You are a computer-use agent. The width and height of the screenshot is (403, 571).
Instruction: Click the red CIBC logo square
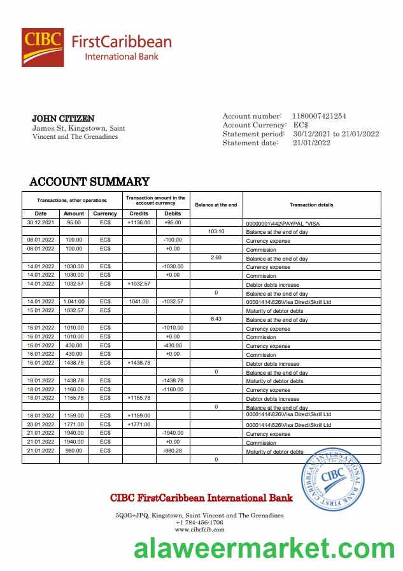(43, 47)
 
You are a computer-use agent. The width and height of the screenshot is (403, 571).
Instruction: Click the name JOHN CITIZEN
(63, 119)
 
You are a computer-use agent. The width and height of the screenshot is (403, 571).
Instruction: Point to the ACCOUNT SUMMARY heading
(89, 182)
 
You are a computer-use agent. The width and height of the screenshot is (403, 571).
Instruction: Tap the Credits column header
(139, 213)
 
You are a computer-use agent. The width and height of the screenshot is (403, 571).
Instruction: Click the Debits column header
(173, 213)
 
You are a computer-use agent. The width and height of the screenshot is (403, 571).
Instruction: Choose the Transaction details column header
(311, 205)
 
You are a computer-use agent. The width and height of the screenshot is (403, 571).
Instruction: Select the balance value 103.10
(216, 231)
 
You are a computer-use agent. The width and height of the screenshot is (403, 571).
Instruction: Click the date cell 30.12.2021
(41, 222)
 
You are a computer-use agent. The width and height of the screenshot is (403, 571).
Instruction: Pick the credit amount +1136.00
(139, 222)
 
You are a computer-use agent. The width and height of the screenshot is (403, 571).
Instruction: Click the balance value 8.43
(216, 319)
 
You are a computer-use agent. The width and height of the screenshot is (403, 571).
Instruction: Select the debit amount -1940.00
(173, 432)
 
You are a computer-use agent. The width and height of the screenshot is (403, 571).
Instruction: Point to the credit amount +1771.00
(139, 424)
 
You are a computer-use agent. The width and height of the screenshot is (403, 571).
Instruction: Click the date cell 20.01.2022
(41, 424)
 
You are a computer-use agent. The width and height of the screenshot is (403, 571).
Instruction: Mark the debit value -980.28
(173, 450)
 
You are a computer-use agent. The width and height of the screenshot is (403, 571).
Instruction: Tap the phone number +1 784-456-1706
(199, 522)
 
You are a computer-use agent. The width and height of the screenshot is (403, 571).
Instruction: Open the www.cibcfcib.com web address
(199, 530)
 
